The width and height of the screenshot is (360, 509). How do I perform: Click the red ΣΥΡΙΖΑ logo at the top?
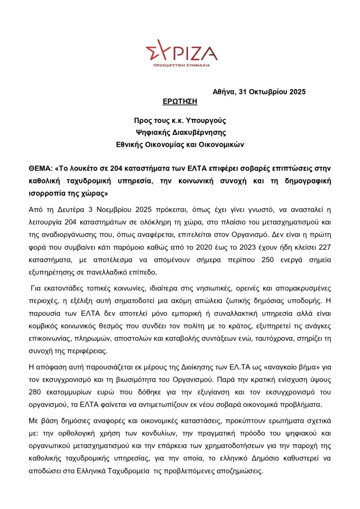[181, 51]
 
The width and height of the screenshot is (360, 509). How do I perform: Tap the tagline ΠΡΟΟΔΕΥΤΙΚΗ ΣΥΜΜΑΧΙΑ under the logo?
[181, 65]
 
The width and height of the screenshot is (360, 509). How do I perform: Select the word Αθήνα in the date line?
[224, 92]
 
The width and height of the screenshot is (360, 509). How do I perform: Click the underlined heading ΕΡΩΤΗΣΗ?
[180, 102]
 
